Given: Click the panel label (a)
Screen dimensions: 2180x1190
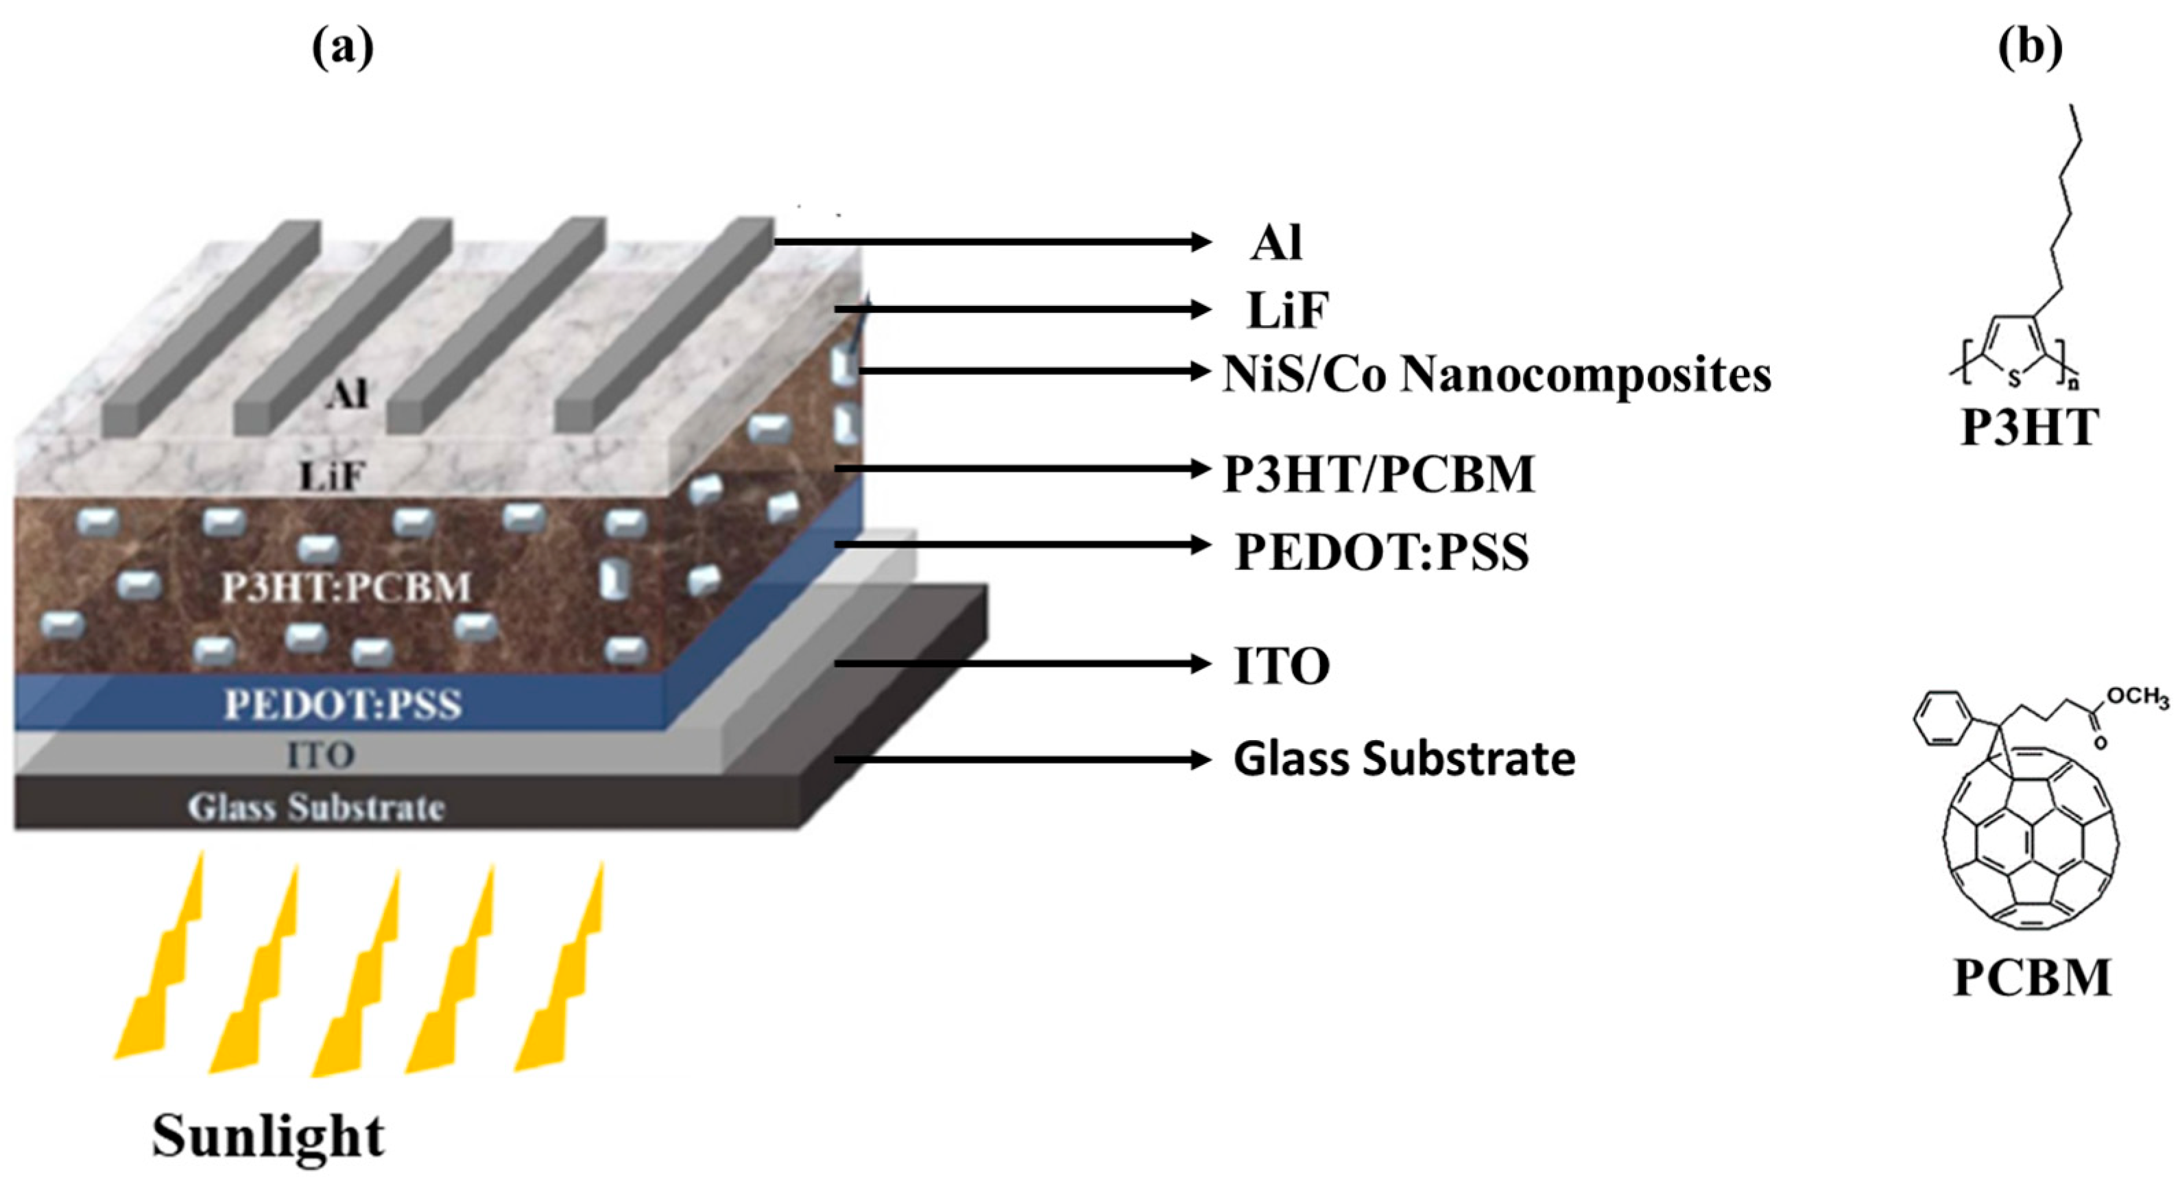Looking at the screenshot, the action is (x=343, y=49).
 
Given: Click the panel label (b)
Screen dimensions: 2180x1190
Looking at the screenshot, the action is (x=2031, y=49).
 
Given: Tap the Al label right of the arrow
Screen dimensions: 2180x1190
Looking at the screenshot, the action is (x=1276, y=243).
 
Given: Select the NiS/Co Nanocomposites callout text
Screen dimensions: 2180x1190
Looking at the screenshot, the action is (x=1496, y=374).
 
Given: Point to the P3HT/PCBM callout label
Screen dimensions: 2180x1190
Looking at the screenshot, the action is (x=1380, y=474).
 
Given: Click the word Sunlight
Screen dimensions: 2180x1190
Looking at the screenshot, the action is (x=268, y=1136).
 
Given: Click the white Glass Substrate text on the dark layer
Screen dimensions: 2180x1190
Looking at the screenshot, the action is (x=315, y=807).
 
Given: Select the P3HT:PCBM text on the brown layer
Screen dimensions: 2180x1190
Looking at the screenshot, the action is (x=346, y=587).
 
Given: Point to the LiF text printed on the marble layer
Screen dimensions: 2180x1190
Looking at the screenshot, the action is (x=333, y=477).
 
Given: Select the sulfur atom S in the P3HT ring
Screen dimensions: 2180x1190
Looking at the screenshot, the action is (x=2014, y=380).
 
